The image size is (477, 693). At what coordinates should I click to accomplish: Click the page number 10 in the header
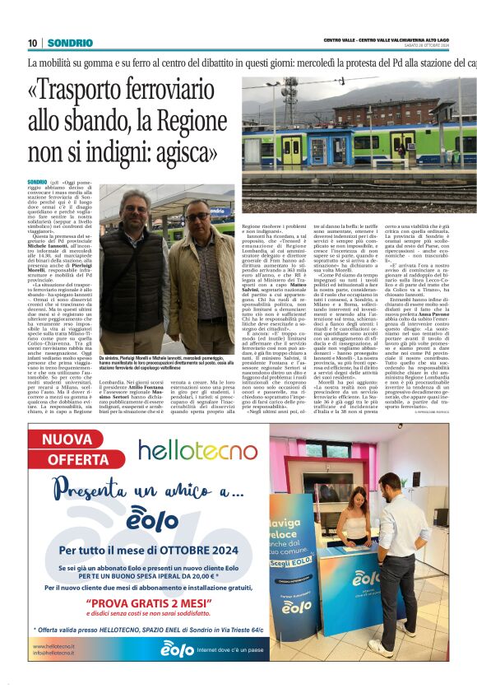(x=32, y=42)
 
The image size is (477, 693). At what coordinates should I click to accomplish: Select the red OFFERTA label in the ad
(x=79, y=458)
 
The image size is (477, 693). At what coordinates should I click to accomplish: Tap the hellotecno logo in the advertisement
(x=197, y=450)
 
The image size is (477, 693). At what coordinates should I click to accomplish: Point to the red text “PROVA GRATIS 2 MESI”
(x=158, y=601)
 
